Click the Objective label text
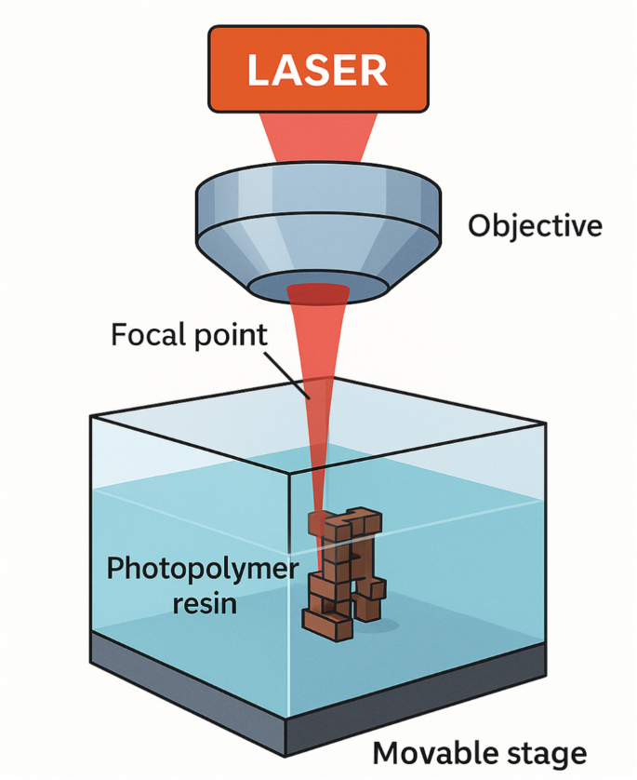(x=534, y=225)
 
